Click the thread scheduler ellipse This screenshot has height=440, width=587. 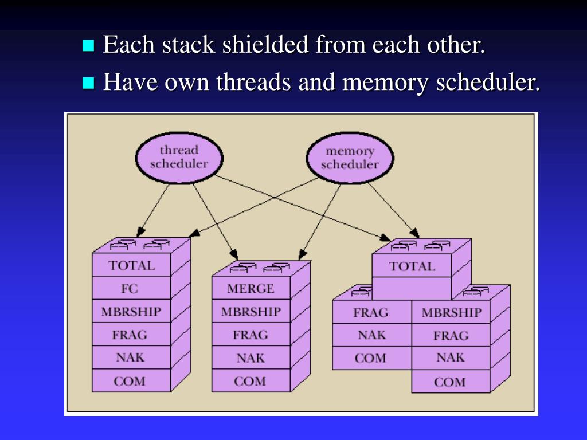point(179,158)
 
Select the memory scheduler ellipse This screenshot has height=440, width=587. point(350,158)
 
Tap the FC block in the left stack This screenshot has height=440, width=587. point(131,288)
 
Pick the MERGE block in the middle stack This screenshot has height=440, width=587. point(251,288)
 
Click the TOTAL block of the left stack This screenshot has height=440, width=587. point(131,265)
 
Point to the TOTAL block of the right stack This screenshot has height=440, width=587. point(412,266)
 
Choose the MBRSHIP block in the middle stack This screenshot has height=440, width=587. point(251,311)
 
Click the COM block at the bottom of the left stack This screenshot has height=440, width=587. point(131,380)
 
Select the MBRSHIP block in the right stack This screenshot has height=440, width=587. point(451,312)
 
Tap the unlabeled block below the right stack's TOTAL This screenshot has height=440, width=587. point(412,289)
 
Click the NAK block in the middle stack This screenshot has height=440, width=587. point(251,357)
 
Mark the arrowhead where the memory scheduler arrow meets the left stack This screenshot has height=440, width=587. point(194,233)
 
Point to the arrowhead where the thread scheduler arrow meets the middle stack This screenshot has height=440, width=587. point(234,255)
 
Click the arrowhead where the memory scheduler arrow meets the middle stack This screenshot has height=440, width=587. point(303,255)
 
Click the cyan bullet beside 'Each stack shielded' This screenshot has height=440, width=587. point(88,45)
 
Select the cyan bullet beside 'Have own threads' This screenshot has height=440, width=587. point(88,82)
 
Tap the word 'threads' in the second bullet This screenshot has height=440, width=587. point(253,82)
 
